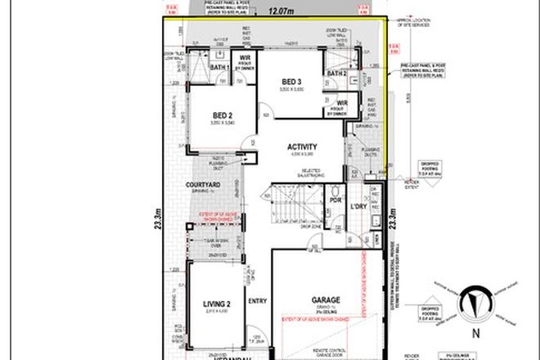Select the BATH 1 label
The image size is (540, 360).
click(x=218, y=66)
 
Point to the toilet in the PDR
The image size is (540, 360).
click(x=335, y=214)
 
